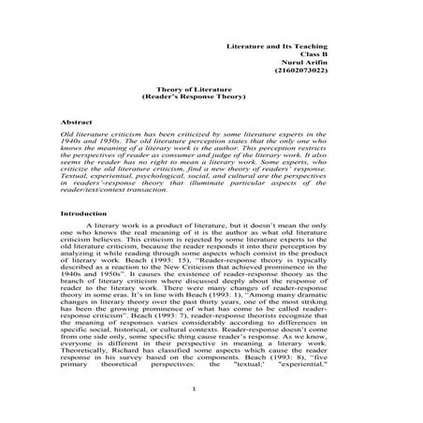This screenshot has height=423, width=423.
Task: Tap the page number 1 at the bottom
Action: (191, 389)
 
